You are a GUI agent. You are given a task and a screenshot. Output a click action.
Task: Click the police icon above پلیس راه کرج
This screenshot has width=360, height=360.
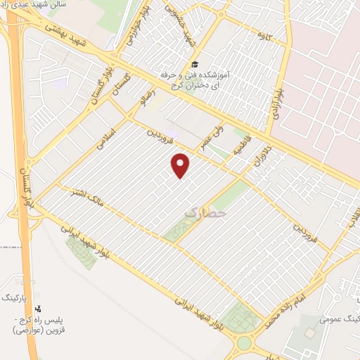coord(38,309)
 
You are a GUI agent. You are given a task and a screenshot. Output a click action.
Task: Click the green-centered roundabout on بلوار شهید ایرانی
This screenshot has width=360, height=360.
coord(245,342)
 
